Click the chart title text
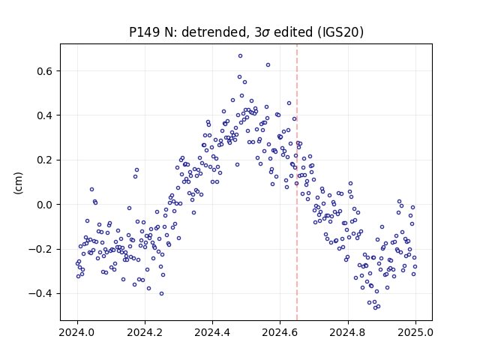point(246,32)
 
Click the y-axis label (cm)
point(18,183)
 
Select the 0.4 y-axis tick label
point(45,115)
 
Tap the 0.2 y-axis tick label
point(45,160)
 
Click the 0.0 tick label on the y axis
point(45,205)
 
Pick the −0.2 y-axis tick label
point(40,250)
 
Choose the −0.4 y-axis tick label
point(40,294)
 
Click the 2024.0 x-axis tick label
point(77,332)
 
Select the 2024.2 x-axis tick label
point(145,332)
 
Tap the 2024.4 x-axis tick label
point(212,332)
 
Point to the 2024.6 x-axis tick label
point(280,332)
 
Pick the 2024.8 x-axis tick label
point(348,332)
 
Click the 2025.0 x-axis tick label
point(415,332)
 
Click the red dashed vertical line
point(297,182)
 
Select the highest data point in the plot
point(240,56)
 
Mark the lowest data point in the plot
point(375,308)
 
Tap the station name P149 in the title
point(144,32)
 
